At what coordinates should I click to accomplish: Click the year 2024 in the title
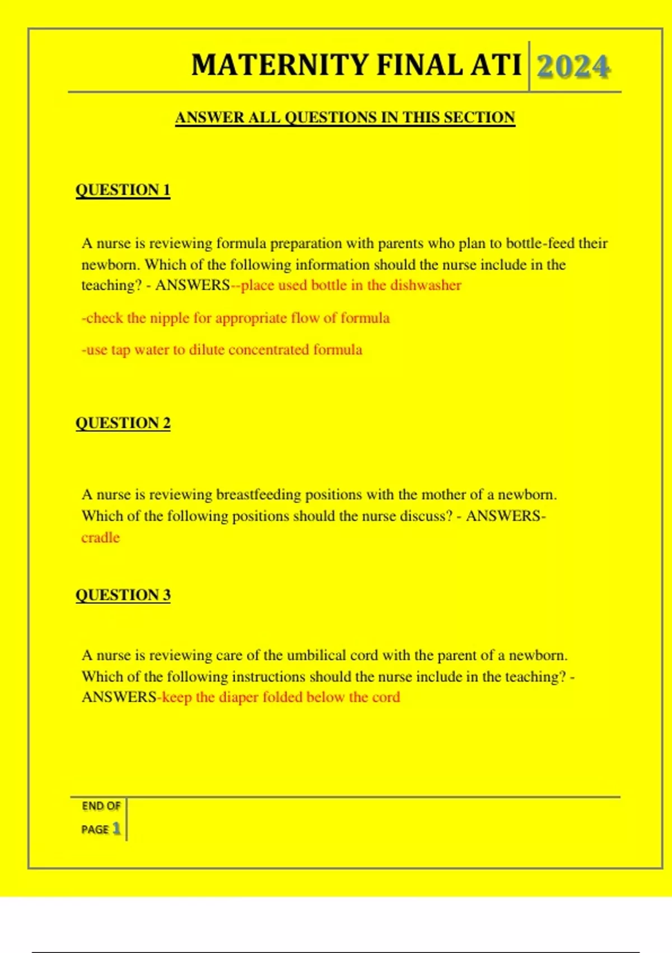pyautogui.click(x=573, y=67)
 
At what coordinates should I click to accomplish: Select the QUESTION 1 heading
pyautogui.click(x=123, y=190)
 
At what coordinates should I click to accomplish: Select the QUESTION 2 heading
pyautogui.click(x=123, y=423)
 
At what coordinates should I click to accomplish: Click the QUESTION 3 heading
pyautogui.click(x=123, y=595)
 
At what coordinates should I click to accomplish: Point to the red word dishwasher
pyautogui.click(x=426, y=285)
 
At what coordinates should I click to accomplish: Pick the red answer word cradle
pyautogui.click(x=101, y=538)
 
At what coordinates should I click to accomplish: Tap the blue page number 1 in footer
pyautogui.click(x=116, y=829)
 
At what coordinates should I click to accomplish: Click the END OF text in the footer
pyautogui.click(x=101, y=806)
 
